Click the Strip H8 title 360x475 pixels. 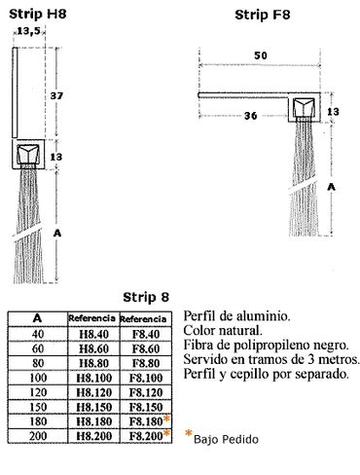click(x=38, y=14)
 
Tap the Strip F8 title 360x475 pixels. click(x=263, y=15)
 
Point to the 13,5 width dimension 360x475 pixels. click(x=28, y=31)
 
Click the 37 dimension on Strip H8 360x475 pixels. click(x=56, y=95)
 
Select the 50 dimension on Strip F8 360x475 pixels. click(x=261, y=55)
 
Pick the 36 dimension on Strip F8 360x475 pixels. click(x=250, y=116)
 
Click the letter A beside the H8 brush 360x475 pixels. click(x=57, y=233)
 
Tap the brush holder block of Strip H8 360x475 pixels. click(x=28, y=154)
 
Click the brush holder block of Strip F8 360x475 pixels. click(x=305, y=108)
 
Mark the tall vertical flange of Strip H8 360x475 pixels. click(x=15, y=92)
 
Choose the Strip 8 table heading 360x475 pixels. click(x=146, y=297)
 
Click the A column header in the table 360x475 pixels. click(x=38, y=318)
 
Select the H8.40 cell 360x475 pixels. click(x=93, y=334)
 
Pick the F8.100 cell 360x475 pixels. click(x=146, y=378)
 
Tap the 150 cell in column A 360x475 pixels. click(x=38, y=407)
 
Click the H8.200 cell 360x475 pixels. click(x=93, y=436)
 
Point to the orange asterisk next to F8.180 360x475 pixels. click(x=166, y=419)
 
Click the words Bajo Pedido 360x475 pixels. click(x=226, y=439)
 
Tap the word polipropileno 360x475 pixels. click(x=284, y=346)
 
